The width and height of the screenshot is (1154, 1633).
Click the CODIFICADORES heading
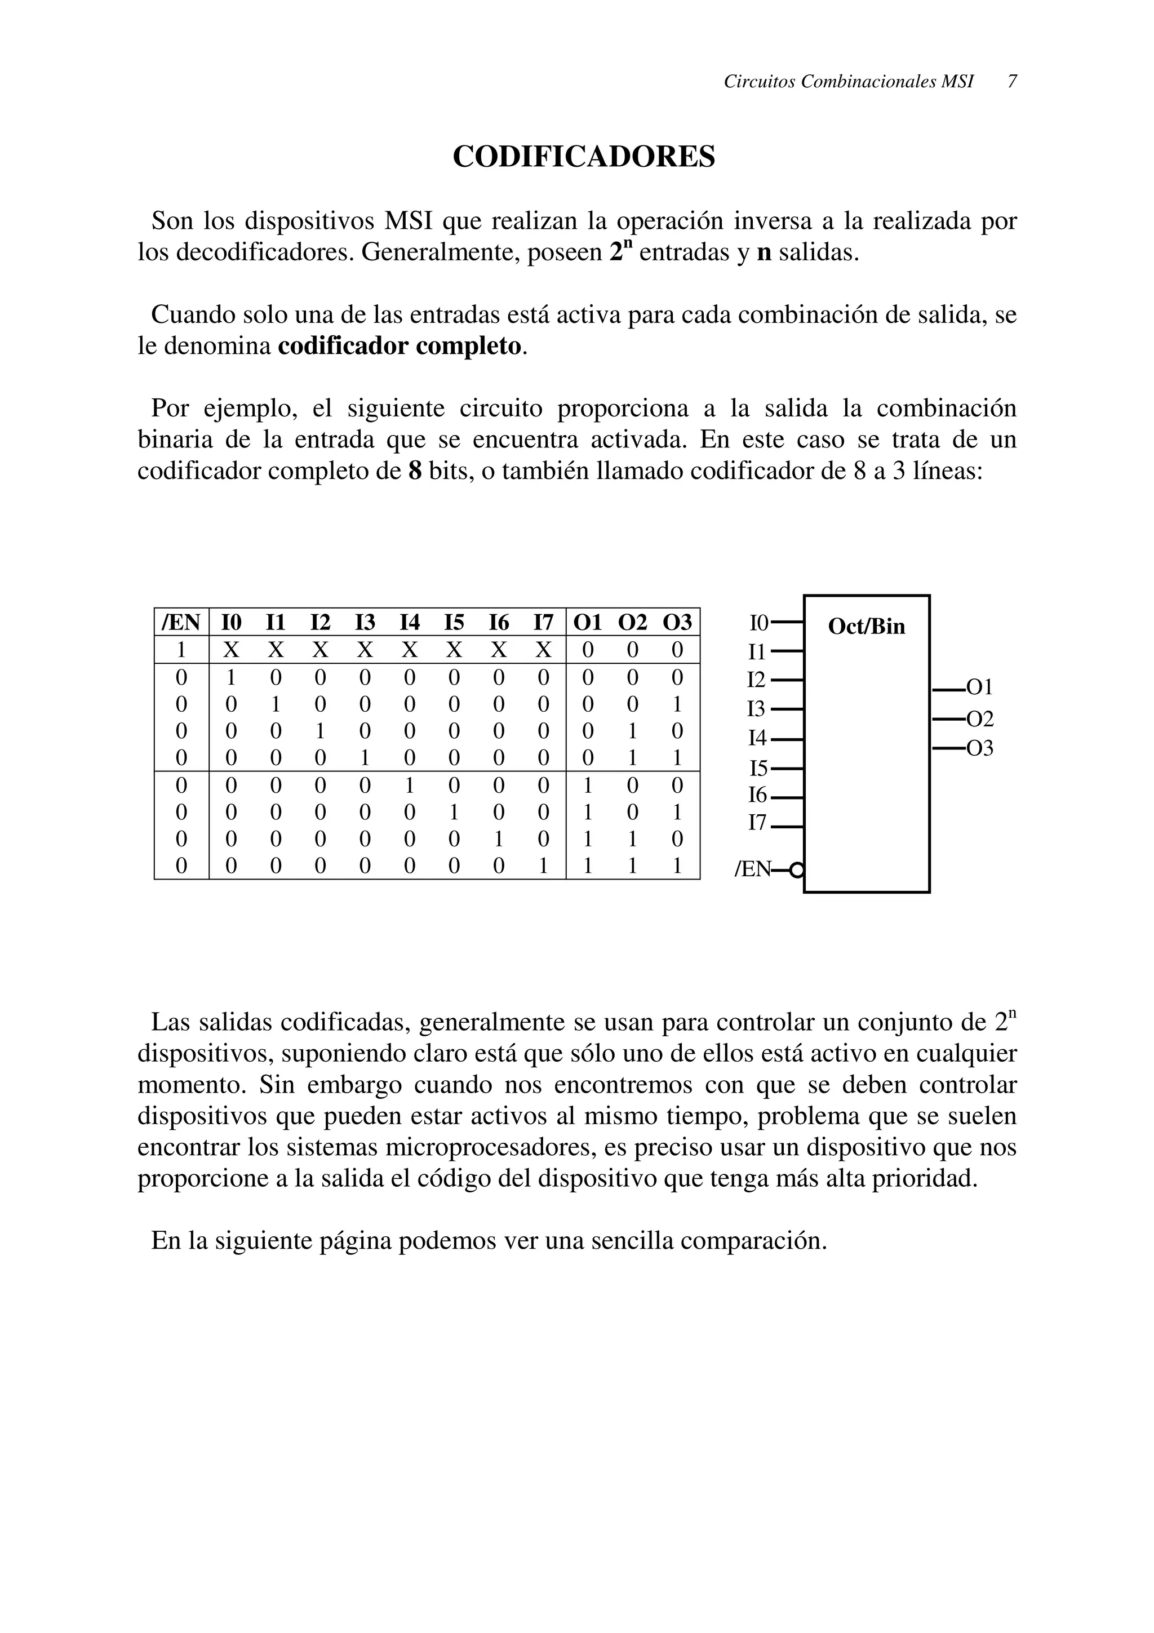pyautogui.click(x=584, y=157)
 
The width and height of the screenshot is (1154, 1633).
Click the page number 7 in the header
pyautogui.click(x=1012, y=82)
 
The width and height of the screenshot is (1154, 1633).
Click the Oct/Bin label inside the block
pyautogui.click(x=866, y=627)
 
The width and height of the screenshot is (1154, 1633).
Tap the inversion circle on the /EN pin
pyautogui.click(x=798, y=869)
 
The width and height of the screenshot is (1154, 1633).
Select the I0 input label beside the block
pyautogui.click(x=758, y=624)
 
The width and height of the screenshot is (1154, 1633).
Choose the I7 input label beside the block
pyautogui.click(x=757, y=823)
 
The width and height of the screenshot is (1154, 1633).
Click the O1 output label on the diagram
pyautogui.click(x=979, y=687)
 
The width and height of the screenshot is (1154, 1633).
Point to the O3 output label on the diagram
pyautogui.click(x=979, y=748)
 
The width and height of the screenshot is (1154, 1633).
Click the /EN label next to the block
pyautogui.click(x=752, y=869)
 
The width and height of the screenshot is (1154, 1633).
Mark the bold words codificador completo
pyautogui.click(x=400, y=347)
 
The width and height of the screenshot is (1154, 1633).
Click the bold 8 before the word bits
pyautogui.click(x=415, y=471)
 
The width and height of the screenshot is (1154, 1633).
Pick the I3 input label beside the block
pyautogui.click(x=757, y=709)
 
